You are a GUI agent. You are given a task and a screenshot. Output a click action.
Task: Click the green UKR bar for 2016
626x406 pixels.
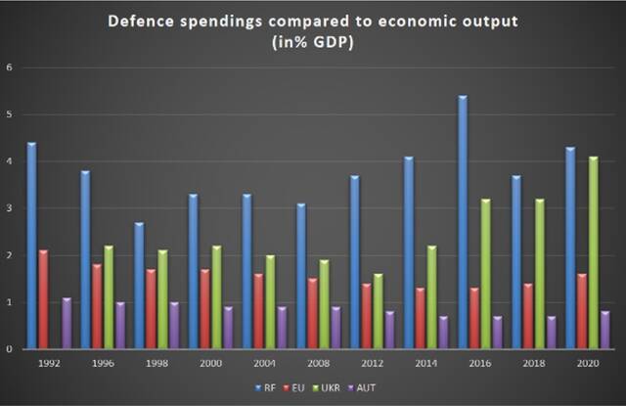485,274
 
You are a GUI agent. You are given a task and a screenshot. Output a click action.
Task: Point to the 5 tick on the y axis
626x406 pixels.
10,114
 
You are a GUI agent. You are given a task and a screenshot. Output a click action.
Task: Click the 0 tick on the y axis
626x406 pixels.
10,349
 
